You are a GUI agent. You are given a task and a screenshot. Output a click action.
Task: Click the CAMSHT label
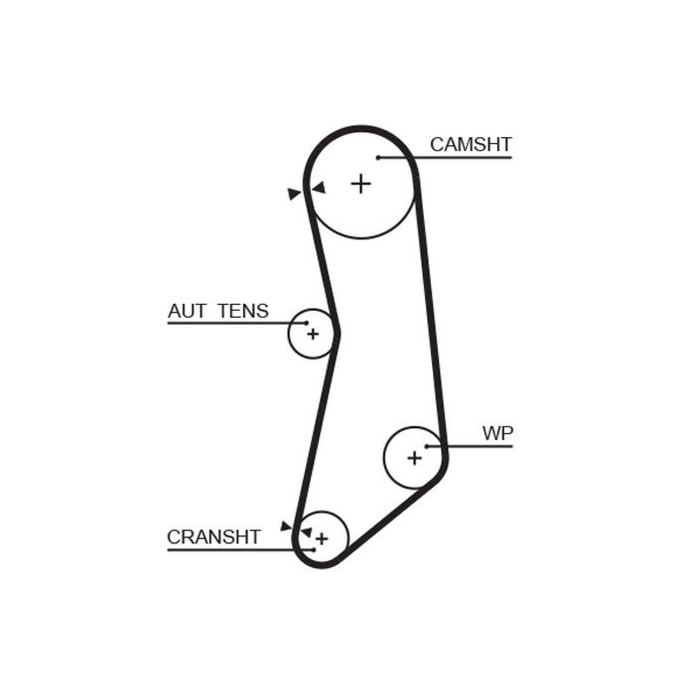point(471,145)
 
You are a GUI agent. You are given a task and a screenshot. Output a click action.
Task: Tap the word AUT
point(187,311)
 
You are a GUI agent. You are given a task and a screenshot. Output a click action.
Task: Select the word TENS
point(243,311)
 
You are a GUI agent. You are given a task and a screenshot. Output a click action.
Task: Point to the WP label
point(497,434)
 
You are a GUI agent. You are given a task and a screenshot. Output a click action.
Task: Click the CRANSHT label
point(213,537)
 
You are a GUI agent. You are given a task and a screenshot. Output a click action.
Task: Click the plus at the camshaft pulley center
point(360,184)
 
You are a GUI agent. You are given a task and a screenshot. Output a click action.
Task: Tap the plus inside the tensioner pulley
point(313,334)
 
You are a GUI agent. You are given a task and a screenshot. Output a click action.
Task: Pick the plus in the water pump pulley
point(414,459)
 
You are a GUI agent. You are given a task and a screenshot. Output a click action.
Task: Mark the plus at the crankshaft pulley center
point(322,539)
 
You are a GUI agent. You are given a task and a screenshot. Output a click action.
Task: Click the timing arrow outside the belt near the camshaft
point(294,194)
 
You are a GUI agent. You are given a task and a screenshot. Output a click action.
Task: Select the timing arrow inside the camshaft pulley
point(319,188)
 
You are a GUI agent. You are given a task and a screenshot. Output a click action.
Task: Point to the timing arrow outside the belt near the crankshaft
point(286,526)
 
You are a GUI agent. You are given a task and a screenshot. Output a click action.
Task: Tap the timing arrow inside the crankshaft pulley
point(306,532)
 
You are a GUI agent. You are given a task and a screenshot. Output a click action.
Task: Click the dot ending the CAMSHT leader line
point(378,157)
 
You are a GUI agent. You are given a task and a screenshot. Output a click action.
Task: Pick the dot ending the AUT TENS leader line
point(306,323)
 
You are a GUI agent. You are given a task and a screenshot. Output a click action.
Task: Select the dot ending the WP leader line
point(427,447)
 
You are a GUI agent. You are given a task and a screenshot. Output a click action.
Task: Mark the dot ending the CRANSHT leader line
point(314,550)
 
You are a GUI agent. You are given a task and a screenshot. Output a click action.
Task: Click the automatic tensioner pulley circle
point(289,334)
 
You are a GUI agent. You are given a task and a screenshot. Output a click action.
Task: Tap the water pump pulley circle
point(384,458)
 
